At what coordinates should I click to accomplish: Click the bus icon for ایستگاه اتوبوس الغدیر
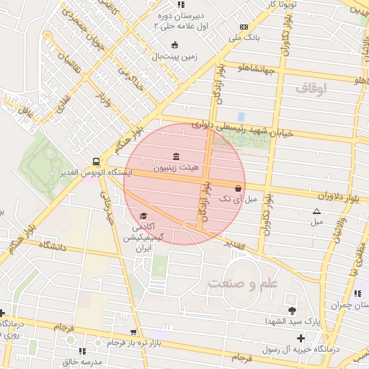[97, 161]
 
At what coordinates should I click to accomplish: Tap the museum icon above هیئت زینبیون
[177, 156]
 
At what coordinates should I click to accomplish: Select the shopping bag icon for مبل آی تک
[238, 187]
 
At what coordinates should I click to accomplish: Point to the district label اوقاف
[311, 88]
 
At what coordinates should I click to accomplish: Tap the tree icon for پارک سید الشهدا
[292, 311]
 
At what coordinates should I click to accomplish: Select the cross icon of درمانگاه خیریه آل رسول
[301, 338]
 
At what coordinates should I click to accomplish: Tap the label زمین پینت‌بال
[173, 55]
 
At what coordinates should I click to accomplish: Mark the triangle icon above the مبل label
[316, 211]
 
